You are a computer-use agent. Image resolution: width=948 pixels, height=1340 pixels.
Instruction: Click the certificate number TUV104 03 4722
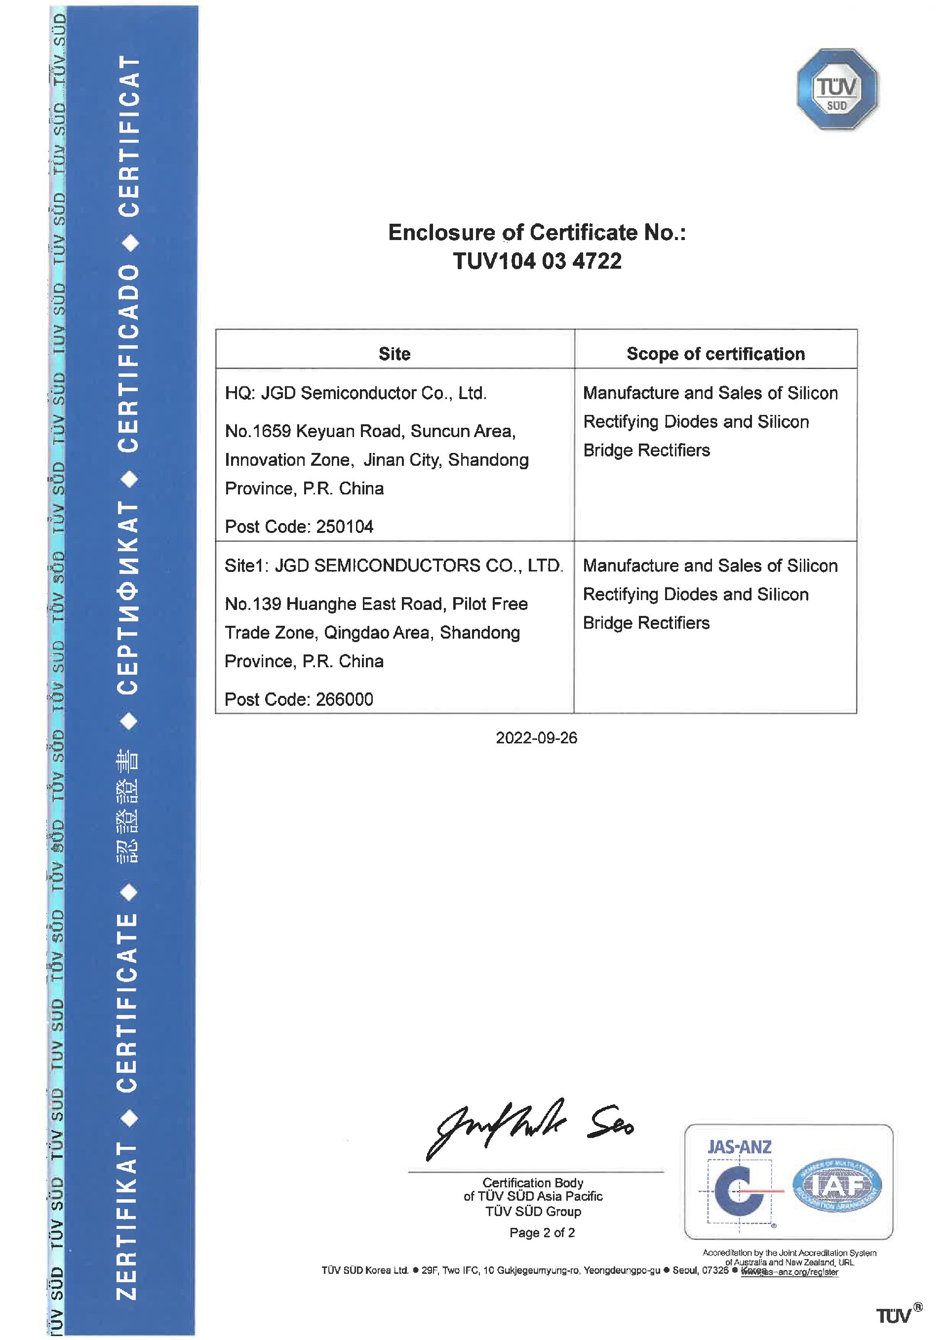tap(537, 261)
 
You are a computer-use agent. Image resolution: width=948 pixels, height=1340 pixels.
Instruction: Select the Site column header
tap(395, 354)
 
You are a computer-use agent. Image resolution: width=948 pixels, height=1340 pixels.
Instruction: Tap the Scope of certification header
tap(715, 354)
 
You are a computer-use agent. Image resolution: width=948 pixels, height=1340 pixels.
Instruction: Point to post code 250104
tap(345, 527)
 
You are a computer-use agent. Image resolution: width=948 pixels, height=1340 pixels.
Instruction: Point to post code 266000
tap(345, 699)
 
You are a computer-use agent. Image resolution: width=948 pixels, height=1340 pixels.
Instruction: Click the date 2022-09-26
tap(537, 738)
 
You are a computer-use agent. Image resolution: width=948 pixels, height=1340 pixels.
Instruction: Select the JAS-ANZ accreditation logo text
tap(739, 1147)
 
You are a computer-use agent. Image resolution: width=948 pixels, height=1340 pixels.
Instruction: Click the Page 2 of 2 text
tap(542, 1232)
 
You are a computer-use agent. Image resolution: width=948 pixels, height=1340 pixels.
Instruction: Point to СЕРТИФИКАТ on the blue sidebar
tap(128, 597)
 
